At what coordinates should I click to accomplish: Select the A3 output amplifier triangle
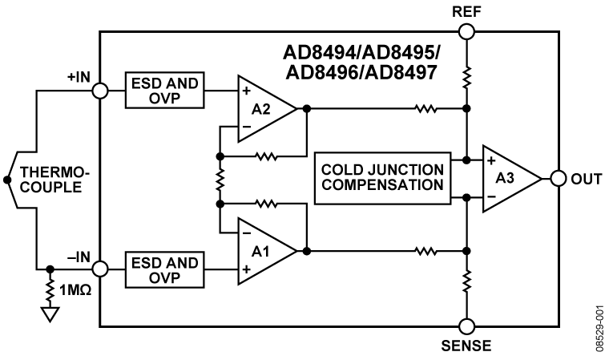509,179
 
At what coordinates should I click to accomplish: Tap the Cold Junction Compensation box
381,179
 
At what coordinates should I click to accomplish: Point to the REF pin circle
466,31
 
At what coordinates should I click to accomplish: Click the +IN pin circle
100,91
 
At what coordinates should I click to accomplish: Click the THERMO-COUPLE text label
50,179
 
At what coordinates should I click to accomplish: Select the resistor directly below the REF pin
466,77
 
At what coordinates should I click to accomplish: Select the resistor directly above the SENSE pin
466,281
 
